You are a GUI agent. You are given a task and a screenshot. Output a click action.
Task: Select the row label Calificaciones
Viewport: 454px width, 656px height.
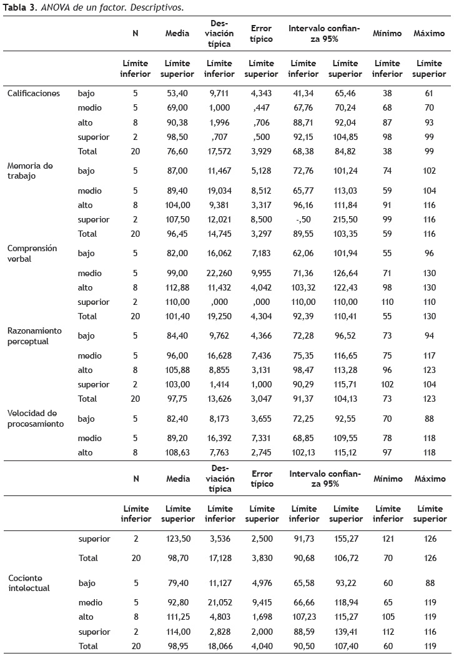pos(34,94)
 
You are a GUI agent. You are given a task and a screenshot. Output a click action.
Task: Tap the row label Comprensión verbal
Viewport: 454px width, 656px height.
pos(32,253)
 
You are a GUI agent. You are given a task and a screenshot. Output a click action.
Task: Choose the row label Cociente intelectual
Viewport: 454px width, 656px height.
pos(29,584)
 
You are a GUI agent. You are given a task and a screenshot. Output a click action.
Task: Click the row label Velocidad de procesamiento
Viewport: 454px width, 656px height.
pos(36,419)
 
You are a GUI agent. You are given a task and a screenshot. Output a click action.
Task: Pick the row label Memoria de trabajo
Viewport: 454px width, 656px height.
pos(30,171)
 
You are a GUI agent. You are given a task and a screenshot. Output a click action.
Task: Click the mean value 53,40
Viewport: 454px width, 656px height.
pos(178,94)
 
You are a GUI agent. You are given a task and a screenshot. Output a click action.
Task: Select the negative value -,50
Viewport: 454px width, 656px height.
pos(303,219)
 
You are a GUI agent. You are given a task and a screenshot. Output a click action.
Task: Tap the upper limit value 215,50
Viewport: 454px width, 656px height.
pos(345,219)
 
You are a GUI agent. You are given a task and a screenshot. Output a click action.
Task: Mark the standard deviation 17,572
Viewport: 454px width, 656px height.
pos(219,151)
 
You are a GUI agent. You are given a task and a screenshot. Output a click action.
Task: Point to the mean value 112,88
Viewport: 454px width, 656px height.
pos(178,288)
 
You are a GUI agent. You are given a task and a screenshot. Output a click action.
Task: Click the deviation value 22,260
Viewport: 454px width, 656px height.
pos(219,274)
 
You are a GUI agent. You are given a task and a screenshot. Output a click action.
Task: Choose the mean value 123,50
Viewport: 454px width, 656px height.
pos(178,539)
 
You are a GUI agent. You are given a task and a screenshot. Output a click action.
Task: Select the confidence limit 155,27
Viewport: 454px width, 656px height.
pos(345,539)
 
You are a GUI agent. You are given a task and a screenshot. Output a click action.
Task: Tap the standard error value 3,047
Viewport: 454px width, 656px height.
pos(262,399)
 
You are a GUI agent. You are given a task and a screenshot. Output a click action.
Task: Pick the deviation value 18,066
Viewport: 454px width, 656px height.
pos(219,647)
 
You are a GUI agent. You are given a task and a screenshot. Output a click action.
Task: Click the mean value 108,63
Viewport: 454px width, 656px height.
pos(178,452)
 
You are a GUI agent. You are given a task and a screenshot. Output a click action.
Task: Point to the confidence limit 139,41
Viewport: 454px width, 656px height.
pos(345,632)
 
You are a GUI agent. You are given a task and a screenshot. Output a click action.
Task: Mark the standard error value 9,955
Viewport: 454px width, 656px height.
pos(262,274)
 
